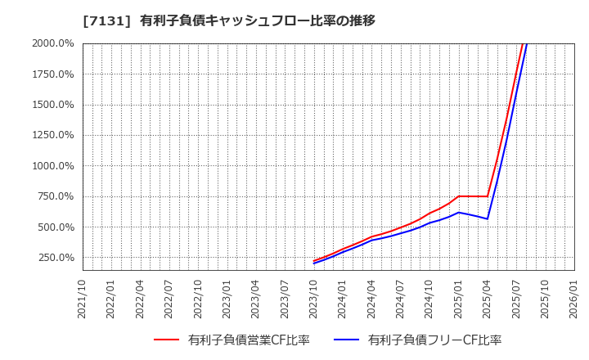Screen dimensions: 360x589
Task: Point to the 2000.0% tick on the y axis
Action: coord(52,43)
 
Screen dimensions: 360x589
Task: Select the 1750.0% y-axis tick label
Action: coord(52,74)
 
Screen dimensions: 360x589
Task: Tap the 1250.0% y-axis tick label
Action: coord(52,135)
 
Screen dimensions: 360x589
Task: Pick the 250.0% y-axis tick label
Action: coord(55,258)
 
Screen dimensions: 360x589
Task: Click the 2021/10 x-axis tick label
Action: coord(83,298)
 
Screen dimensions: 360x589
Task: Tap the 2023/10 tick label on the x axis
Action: coord(314,298)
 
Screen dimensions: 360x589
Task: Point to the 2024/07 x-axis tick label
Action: coord(401,298)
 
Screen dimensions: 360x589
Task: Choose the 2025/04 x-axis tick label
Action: coord(488,298)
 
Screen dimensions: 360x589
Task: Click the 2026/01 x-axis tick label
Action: coord(574,298)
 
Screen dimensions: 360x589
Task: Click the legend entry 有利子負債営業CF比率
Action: coord(249,340)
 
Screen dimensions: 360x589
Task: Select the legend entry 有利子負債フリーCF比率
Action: coord(434,340)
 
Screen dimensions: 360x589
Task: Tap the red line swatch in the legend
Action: coord(167,340)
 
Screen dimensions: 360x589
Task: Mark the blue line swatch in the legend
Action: coord(347,340)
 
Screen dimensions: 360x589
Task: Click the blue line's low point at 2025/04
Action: coord(488,218)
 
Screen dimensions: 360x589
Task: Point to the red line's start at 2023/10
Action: coord(314,261)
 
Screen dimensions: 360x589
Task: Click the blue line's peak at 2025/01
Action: coord(459,212)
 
